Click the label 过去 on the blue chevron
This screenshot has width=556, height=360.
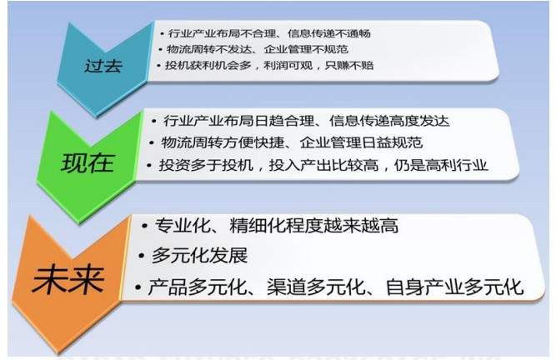click(x=103, y=66)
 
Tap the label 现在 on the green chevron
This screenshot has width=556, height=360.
click(x=88, y=163)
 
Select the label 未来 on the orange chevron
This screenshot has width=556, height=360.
click(x=68, y=280)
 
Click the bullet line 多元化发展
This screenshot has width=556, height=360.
click(x=199, y=255)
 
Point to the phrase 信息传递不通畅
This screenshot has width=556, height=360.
click(x=329, y=33)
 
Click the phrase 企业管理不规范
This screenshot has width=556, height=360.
click(x=306, y=49)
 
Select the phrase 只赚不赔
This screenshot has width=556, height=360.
click(x=349, y=65)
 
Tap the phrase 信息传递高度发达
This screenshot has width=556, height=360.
click(x=389, y=121)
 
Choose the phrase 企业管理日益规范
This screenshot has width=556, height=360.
click(x=361, y=142)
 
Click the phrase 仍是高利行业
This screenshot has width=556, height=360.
click(x=441, y=165)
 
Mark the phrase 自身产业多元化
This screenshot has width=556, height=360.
click(x=454, y=287)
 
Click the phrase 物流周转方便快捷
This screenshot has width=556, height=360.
click(x=223, y=142)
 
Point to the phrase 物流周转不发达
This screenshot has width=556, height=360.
click(x=208, y=49)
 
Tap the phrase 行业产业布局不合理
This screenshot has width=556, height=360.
click(x=222, y=33)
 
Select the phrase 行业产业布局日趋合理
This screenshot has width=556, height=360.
click(x=238, y=121)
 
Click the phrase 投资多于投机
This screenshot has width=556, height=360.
click(x=206, y=165)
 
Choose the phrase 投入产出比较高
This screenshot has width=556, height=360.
click(x=323, y=165)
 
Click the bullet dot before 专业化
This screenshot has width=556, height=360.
click(x=144, y=226)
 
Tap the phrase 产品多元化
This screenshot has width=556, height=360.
click(x=198, y=287)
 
